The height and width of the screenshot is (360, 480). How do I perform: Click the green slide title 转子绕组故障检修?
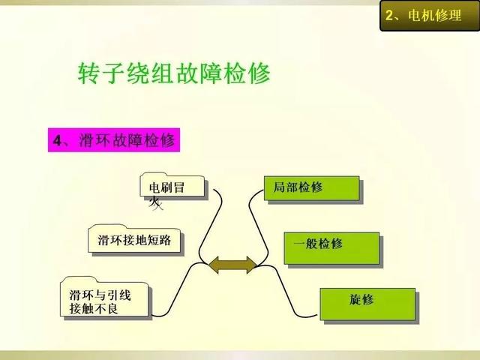[174, 73]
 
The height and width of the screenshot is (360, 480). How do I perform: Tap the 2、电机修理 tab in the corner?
[430, 15]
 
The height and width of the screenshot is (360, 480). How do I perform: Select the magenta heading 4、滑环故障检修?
[114, 140]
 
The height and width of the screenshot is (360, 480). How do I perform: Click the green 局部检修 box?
[312, 188]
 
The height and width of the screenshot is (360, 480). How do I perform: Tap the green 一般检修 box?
[331, 248]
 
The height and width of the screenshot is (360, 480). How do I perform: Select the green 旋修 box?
[367, 304]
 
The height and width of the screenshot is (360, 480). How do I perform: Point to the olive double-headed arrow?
[233, 265]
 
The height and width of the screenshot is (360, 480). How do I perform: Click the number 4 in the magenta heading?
[57, 141]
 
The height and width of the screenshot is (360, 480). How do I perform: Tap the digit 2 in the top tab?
[389, 15]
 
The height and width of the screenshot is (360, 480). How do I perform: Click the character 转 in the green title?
[88, 73]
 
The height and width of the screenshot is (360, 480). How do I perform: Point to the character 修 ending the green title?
[259, 73]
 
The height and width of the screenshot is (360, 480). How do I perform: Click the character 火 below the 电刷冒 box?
[155, 203]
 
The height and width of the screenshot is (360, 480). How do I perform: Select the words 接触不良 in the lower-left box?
[94, 308]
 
